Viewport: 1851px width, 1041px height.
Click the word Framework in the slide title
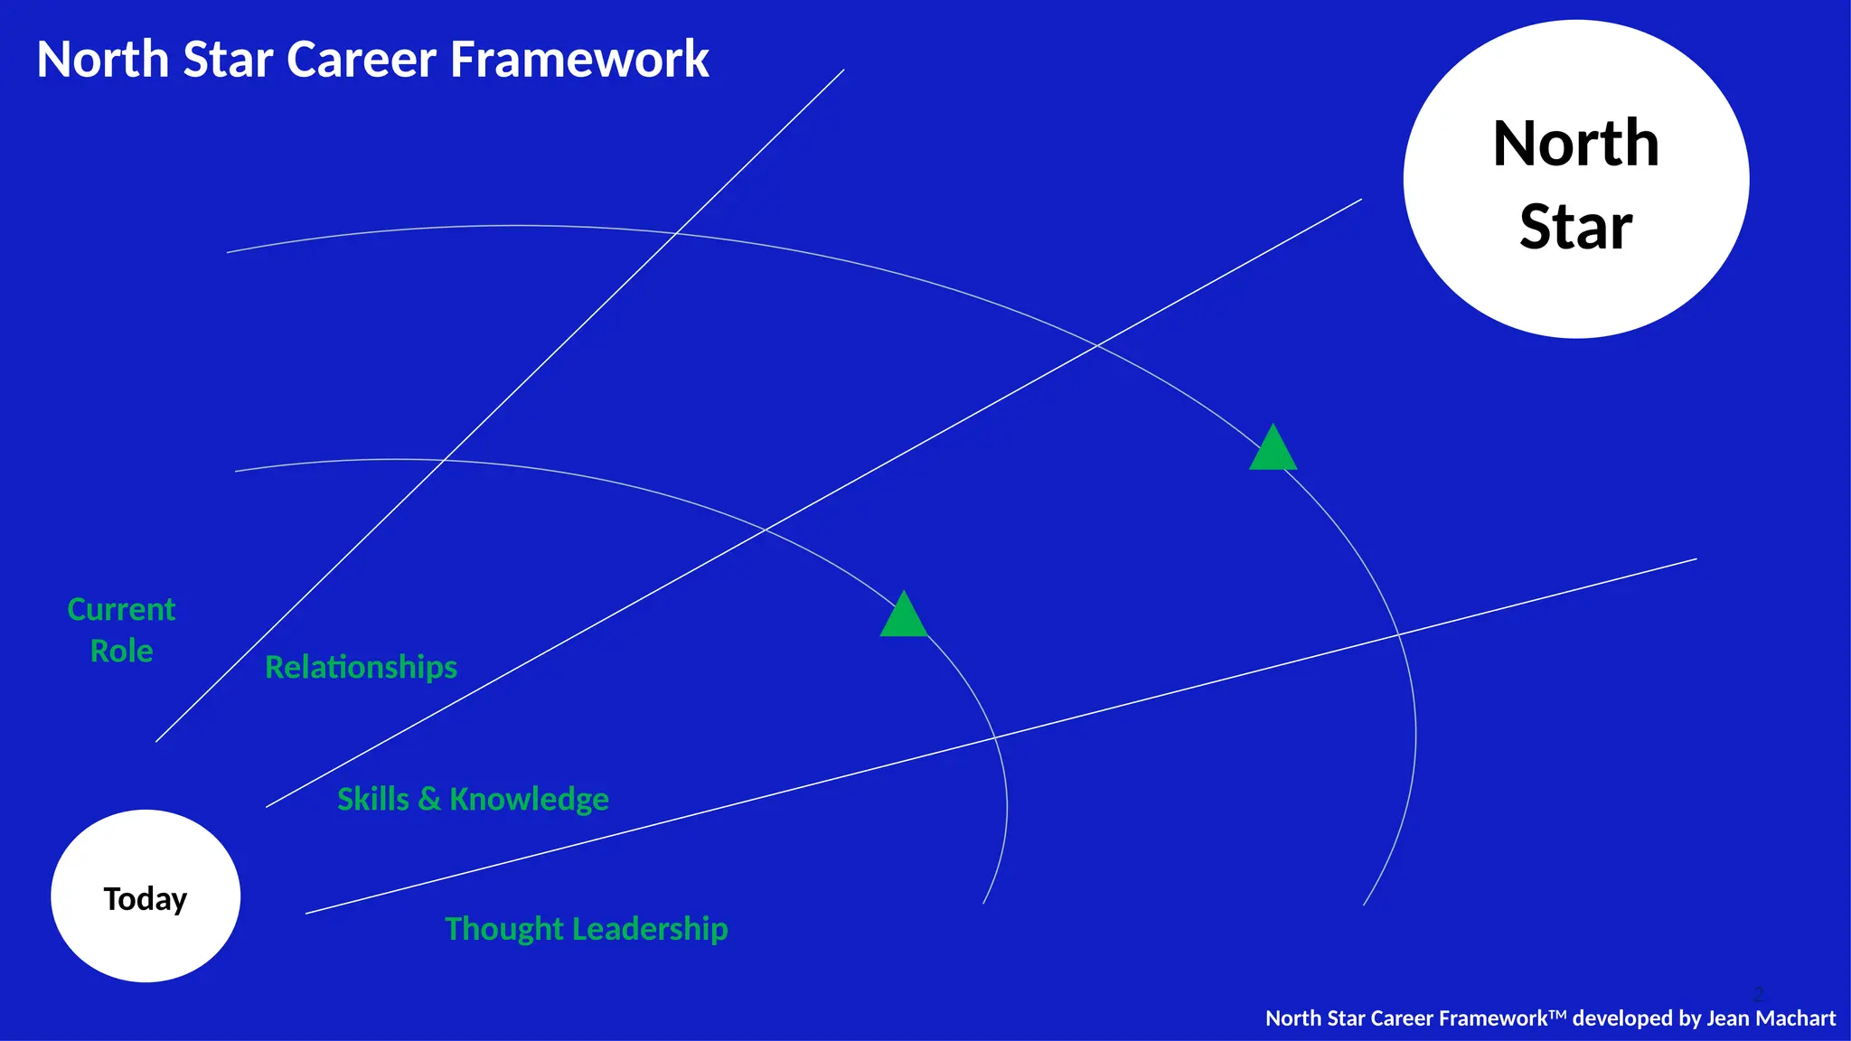coord(578,60)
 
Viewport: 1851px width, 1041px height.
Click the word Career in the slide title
coord(362,60)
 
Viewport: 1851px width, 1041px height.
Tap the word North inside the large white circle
coord(1575,144)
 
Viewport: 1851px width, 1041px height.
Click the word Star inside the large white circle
coord(1575,226)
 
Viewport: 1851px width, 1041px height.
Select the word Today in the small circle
coord(146,899)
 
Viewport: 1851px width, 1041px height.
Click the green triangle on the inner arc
coord(904,617)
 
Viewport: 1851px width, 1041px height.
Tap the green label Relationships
coord(361,667)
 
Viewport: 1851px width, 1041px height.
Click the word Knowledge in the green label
coord(529,799)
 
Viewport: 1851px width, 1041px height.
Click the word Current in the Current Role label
coord(121,609)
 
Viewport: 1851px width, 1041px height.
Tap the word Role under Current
coord(121,651)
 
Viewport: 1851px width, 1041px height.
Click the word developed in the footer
coord(1623,1018)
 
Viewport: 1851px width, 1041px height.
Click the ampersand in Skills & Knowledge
coord(429,799)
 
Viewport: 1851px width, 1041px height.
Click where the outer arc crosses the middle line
coord(1097,344)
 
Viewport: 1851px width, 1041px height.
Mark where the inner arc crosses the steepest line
coord(444,461)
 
